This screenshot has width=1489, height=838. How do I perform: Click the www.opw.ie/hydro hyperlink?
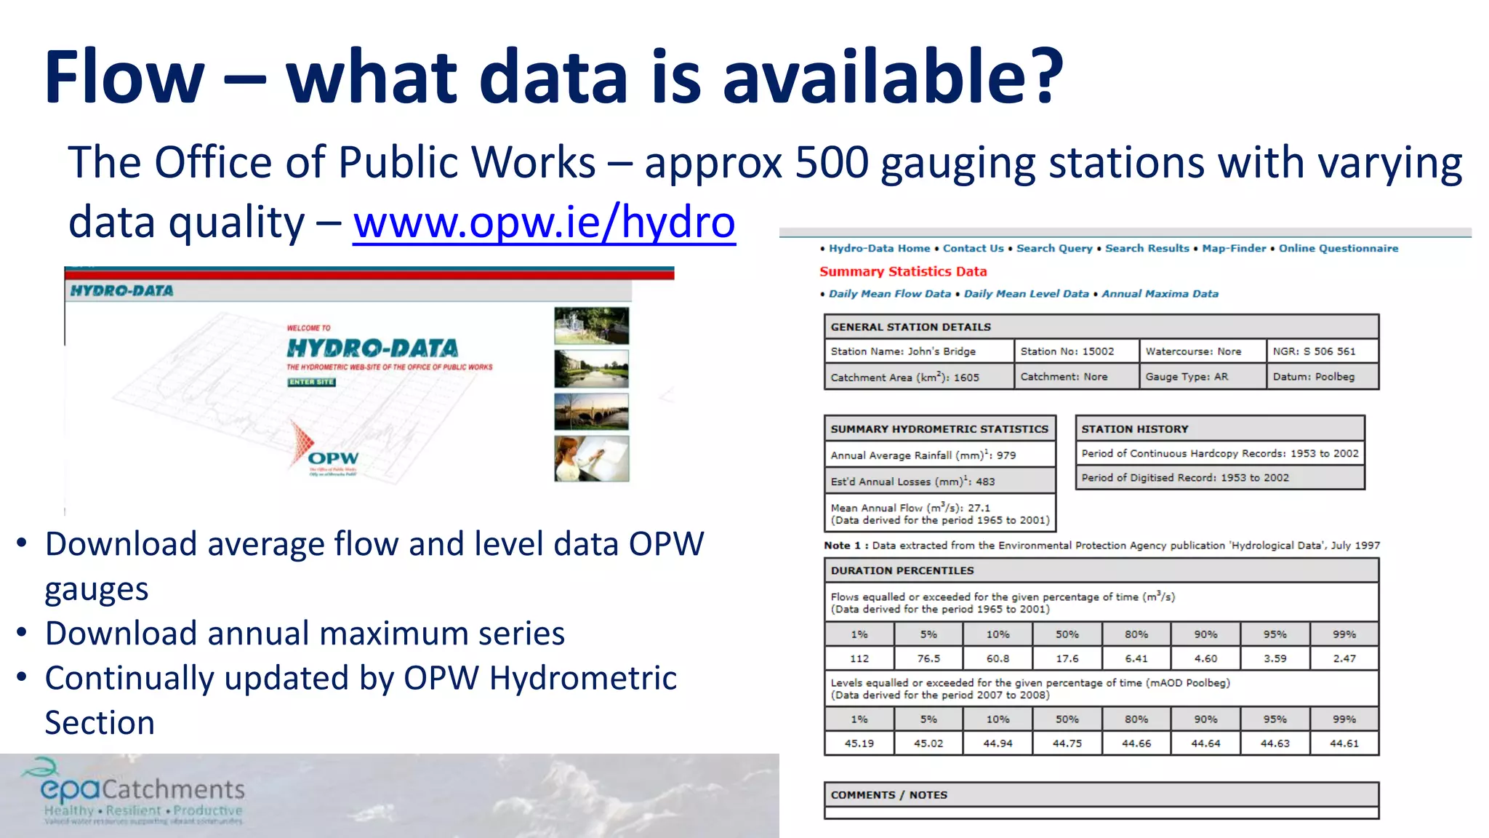click(544, 222)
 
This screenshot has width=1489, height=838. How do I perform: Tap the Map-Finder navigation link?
click(1234, 248)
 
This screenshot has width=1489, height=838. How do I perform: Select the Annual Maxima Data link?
click(1160, 294)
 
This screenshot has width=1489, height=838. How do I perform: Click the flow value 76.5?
click(928, 658)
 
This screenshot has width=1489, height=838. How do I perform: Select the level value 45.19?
click(859, 743)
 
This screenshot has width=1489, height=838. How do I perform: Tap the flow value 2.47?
click(1344, 658)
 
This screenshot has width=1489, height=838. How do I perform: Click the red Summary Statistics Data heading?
click(903, 271)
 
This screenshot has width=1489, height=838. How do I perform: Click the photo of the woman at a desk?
click(591, 458)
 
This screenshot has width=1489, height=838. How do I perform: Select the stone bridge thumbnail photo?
click(591, 412)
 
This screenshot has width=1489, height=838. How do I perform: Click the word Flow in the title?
click(124, 77)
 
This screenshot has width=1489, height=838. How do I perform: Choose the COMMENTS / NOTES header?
click(888, 795)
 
